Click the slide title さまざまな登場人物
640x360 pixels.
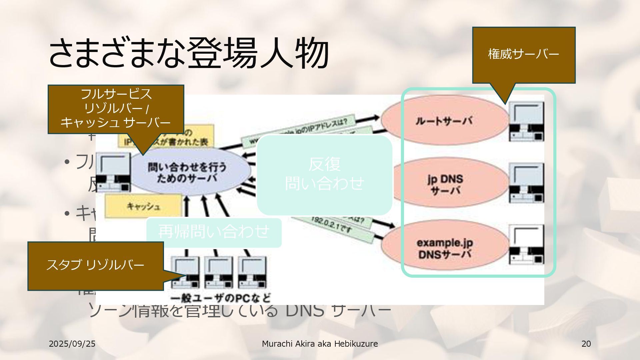(x=189, y=53)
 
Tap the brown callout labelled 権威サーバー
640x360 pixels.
(x=523, y=54)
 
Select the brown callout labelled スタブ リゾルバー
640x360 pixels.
(x=95, y=265)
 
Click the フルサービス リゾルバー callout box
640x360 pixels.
(x=116, y=109)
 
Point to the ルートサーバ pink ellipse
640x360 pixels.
(x=444, y=120)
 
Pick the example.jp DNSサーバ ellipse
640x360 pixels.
(x=445, y=248)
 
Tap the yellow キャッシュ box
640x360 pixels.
(x=143, y=206)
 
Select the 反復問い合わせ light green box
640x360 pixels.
(x=324, y=174)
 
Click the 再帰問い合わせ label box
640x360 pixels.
(x=214, y=232)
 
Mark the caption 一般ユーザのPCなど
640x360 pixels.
(x=220, y=298)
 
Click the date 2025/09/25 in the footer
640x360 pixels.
(x=72, y=344)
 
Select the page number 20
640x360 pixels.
(x=586, y=344)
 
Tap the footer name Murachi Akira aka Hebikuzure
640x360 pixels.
(x=320, y=344)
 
